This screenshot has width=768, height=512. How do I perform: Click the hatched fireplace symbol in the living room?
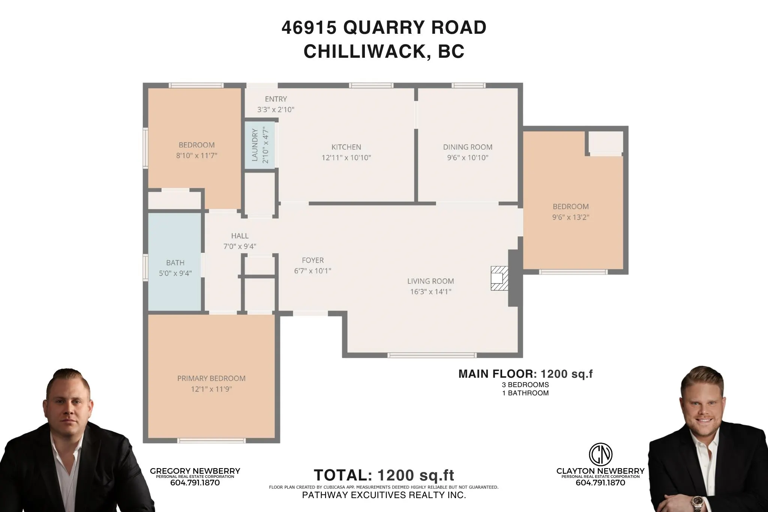pos(499,278)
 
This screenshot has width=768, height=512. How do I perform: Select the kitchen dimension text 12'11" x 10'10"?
pos(346,158)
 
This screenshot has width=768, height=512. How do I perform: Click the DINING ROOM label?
pos(468,147)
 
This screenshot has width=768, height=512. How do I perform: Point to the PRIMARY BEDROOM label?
pos(211,378)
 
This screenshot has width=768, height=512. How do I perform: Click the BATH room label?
pos(175,263)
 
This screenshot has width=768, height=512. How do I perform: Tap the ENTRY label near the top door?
pos(276,99)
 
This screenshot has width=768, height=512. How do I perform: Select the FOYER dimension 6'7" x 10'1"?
pos(312,271)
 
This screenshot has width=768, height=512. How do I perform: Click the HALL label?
pos(240,236)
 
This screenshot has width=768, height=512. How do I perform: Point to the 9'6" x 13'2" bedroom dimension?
pos(570,217)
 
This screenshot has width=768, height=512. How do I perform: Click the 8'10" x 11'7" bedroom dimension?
pos(196,155)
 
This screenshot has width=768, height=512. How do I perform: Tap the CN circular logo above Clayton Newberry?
pos(600,454)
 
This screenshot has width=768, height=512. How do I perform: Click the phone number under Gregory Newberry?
pos(195,483)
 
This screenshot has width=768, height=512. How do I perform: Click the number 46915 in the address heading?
pos(309,27)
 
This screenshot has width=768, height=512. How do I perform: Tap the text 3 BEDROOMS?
pos(525,385)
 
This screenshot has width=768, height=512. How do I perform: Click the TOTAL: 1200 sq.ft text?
pos(384,475)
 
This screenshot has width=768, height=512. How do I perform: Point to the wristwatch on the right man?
pos(698,501)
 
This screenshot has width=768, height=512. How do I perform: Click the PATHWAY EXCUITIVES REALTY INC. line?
pos(384,495)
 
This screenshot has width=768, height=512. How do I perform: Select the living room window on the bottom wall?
pos(432,355)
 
